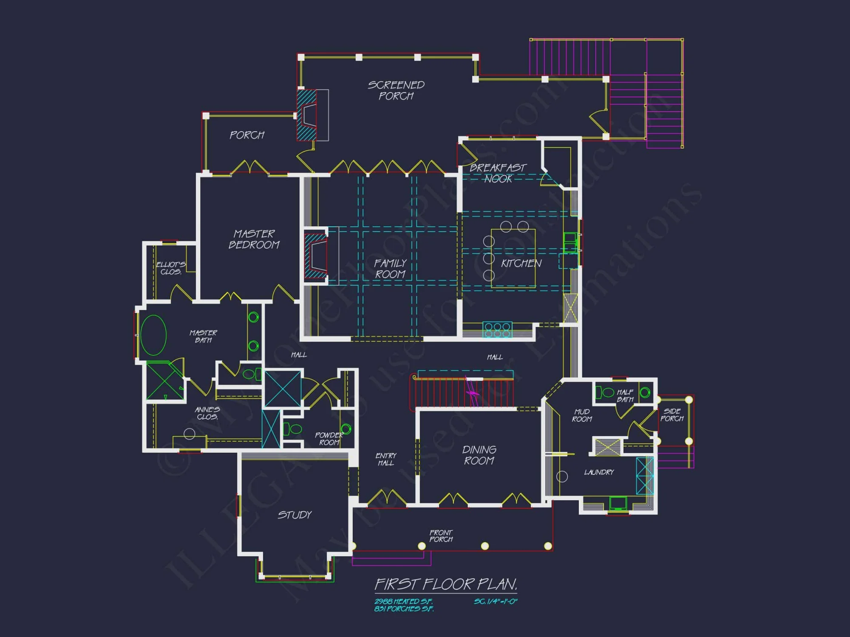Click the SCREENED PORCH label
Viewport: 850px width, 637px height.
tap(396, 90)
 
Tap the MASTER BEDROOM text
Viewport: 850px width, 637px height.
tap(254, 239)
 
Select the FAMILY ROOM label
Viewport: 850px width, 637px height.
tap(390, 269)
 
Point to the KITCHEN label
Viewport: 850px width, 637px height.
tap(521, 263)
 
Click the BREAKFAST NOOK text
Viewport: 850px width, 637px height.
tap(498, 173)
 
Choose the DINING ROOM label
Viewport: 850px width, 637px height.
tap(479, 455)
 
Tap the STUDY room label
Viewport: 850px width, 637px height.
tap(295, 515)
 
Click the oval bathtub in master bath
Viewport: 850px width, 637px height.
tap(153, 335)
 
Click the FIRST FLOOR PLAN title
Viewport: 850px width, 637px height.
tap(446, 584)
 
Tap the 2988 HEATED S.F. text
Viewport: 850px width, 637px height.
tap(403, 601)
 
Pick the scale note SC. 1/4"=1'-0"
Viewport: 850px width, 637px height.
tap(496, 601)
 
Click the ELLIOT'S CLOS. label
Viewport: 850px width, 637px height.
tap(170, 268)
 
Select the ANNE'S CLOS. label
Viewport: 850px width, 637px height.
tap(207, 413)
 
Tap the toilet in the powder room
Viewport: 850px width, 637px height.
tap(293, 429)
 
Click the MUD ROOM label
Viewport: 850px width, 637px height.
tap(582, 415)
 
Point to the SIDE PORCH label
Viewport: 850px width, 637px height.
tap(671, 414)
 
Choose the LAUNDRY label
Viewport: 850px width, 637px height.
tap(599, 472)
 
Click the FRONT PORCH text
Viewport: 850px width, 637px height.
tap(441, 536)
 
